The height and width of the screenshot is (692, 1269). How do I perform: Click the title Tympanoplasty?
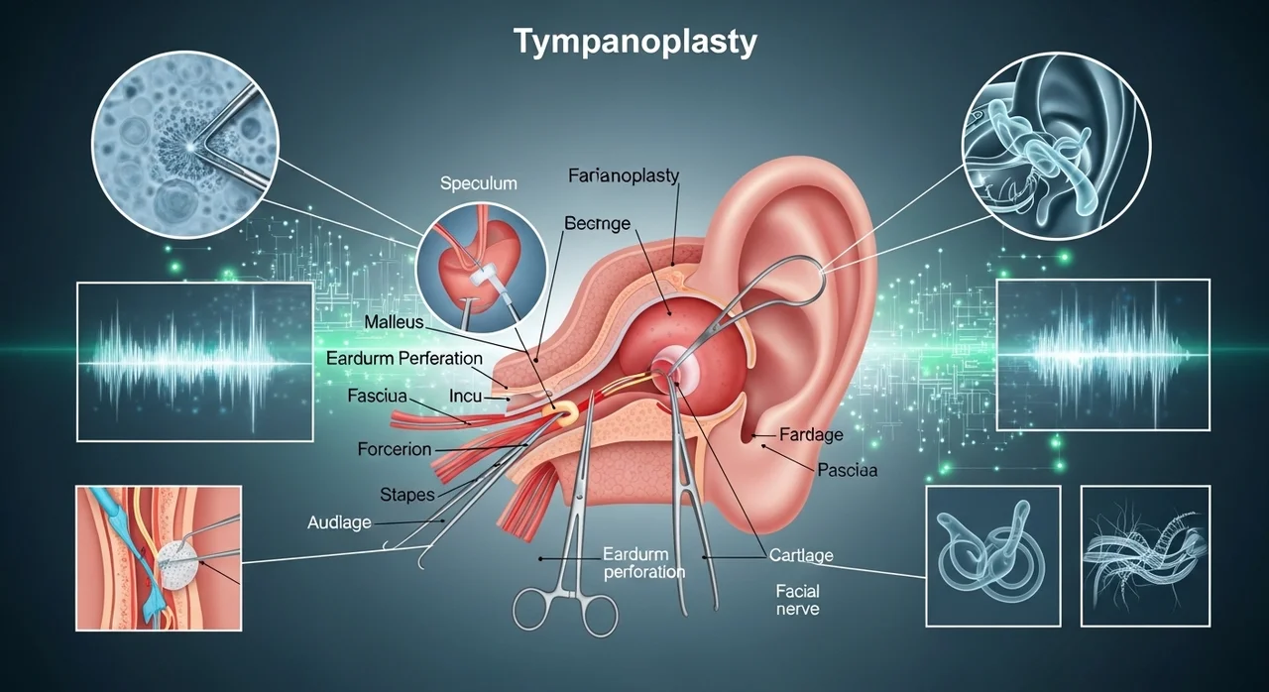pyautogui.click(x=634, y=43)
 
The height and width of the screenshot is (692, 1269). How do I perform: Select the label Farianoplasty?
pyautogui.click(x=624, y=176)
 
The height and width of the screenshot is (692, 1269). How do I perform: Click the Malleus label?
pyautogui.click(x=394, y=322)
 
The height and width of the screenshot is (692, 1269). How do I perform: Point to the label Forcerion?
pyautogui.click(x=394, y=449)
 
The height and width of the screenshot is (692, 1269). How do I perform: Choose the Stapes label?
pyautogui.click(x=407, y=494)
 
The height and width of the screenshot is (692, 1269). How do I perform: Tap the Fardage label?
pyautogui.click(x=811, y=434)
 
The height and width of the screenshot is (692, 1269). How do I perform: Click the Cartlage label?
pyautogui.click(x=801, y=555)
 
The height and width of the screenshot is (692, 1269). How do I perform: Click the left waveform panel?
pyautogui.click(x=194, y=361)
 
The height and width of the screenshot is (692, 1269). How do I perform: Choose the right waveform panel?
pyautogui.click(x=1102, y=354)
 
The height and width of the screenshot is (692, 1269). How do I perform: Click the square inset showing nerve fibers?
pyautogui.click(x=1144, y=555)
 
